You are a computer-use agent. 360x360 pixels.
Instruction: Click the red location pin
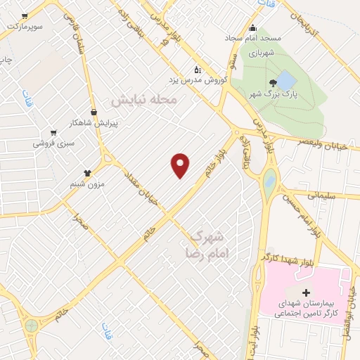pos(181,165)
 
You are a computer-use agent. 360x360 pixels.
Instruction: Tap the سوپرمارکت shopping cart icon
pos(25,15)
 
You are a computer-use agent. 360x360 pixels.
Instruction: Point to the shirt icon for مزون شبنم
pos(87,172)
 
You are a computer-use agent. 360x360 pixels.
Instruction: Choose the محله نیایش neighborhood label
pos(146,101)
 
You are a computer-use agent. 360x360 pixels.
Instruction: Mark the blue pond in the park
pos(285,78)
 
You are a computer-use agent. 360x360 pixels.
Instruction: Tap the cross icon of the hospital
pos(305,292)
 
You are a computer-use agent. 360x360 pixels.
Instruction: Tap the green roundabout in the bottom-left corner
pos(32,326)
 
